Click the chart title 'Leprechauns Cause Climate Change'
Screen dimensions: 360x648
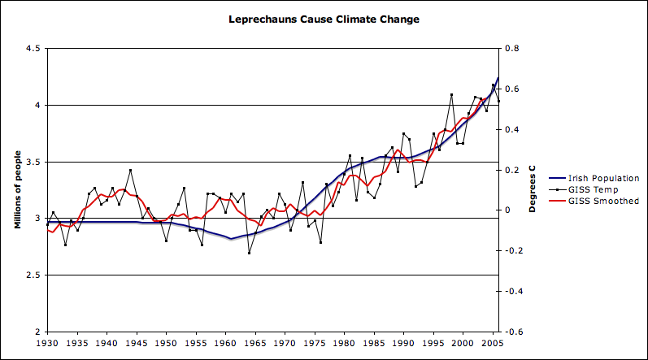(x=324, y=19)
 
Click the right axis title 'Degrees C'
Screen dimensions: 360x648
(x=533, y=189)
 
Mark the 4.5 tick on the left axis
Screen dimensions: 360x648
(x=33, y=49)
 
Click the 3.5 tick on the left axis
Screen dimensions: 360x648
(x=33, y=162)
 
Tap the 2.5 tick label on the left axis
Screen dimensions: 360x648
(x=33, y=275)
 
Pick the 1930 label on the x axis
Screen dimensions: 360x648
(x=47, y=345)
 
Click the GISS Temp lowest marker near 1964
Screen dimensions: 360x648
(x=249, y=253)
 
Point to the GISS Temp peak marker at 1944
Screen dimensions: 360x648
(x=130, y=171)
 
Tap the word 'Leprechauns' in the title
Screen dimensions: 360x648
(x=262, y=19)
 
